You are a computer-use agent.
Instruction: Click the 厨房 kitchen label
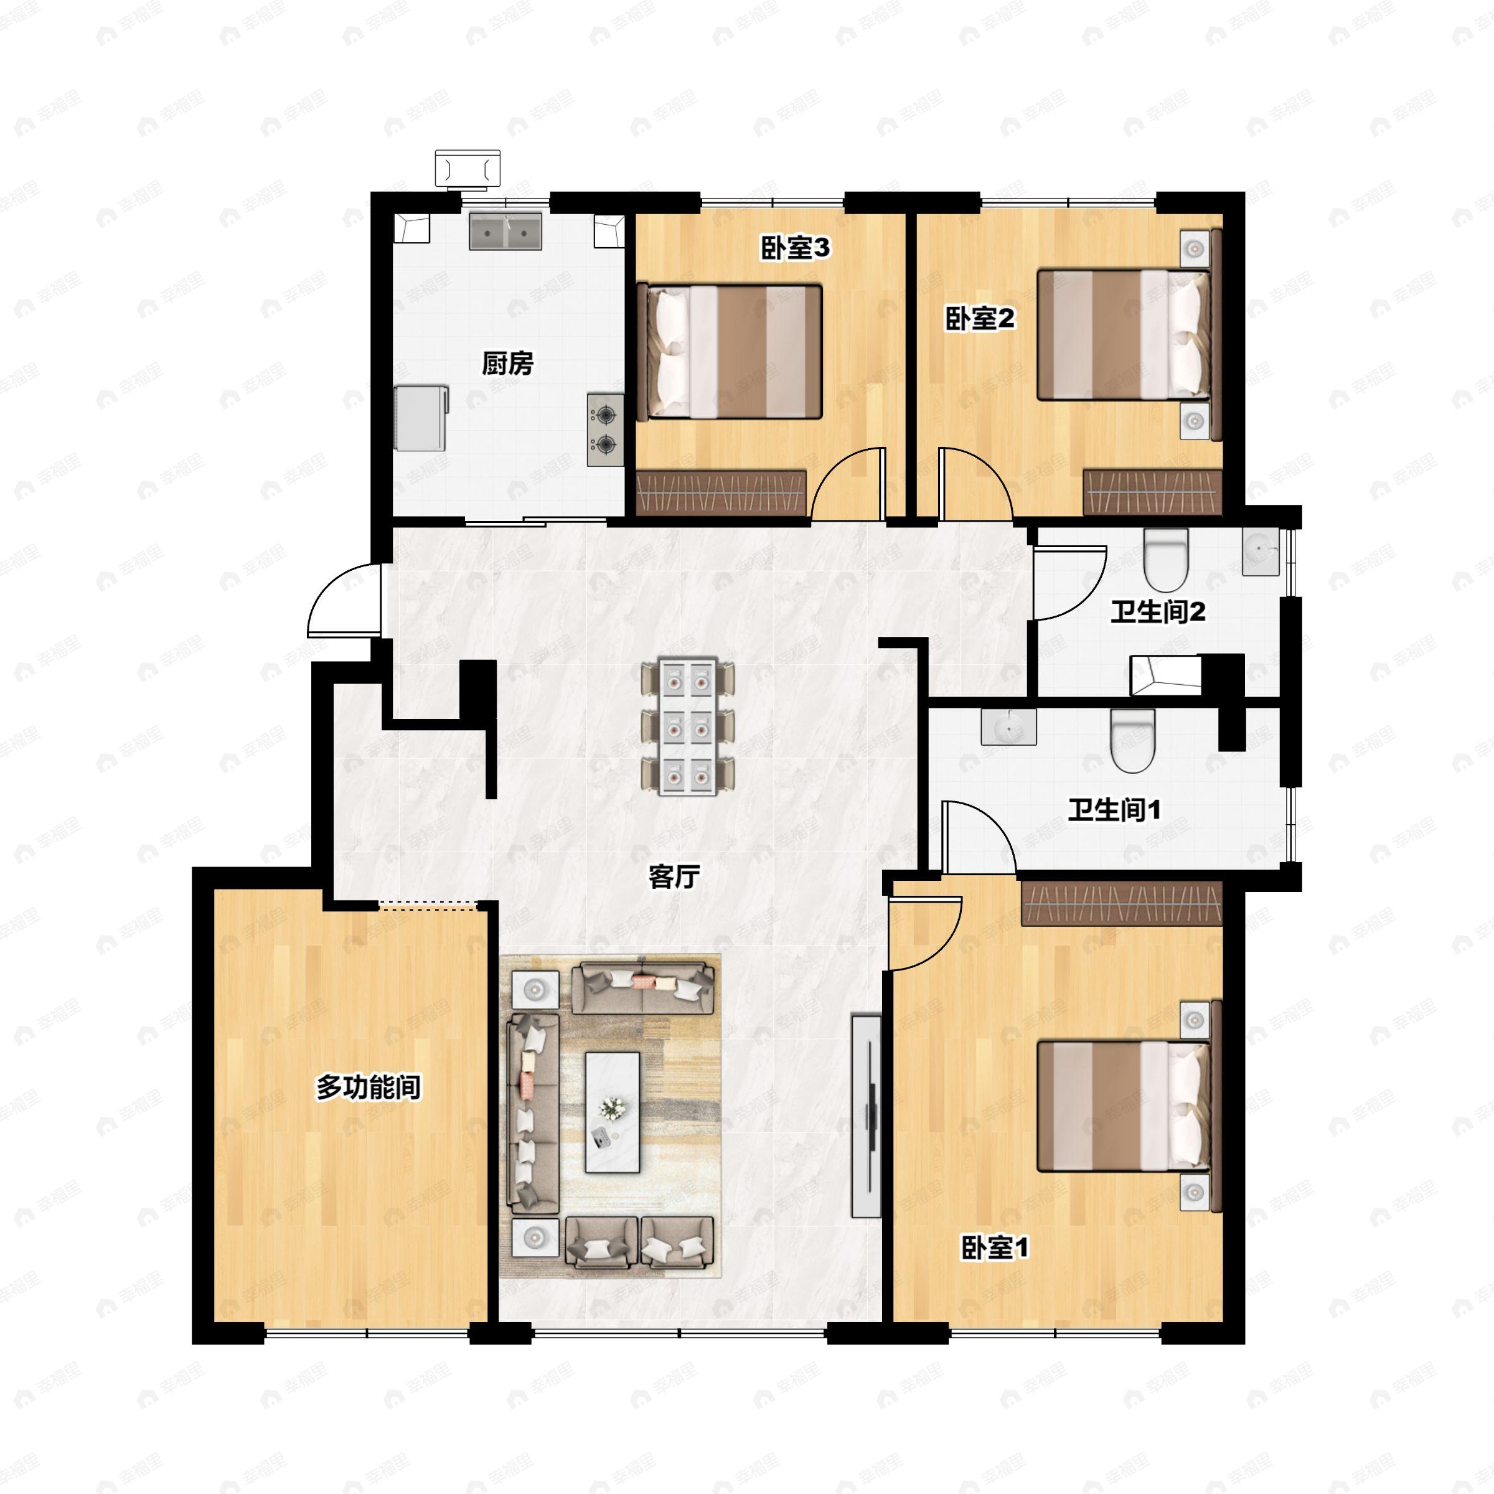[507, 363]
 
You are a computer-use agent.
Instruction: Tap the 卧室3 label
[796, 248]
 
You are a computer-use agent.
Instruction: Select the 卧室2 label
[980, 318]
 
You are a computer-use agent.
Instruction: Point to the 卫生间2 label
[1158, 613]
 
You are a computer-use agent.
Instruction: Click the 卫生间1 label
[1114, 810]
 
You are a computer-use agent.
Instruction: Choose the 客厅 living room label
[674, 877]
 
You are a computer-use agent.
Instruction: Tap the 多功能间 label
[368, 1088]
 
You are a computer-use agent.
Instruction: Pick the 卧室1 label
[995, 1247]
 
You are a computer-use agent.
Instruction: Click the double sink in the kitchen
[505, 230]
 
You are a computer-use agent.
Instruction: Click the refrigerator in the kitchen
[421, 418]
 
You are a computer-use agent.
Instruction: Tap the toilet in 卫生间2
[1165, 559]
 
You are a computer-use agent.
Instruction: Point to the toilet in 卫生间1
[1133, 740]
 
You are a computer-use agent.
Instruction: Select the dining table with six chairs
[688, 726]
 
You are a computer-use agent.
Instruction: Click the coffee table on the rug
[613, 1112]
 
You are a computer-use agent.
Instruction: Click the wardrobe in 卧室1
[1121, 903]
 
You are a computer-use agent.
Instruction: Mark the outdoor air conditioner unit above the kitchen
[467, 169]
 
